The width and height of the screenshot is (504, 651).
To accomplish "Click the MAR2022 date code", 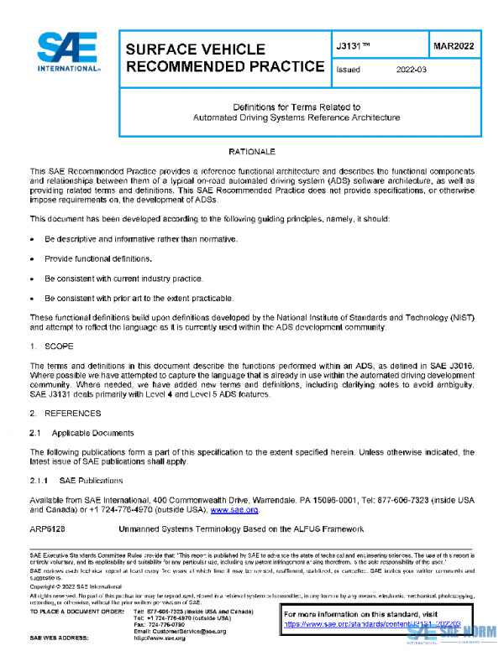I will pos(453,47).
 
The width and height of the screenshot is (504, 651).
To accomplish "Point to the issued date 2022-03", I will pos(412,70).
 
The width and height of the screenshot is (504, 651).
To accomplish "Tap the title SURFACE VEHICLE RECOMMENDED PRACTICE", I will pos(224,58).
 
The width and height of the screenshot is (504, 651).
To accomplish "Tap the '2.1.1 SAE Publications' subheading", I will pos(76,481).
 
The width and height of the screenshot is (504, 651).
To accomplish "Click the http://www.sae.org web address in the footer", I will pos(160,638).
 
